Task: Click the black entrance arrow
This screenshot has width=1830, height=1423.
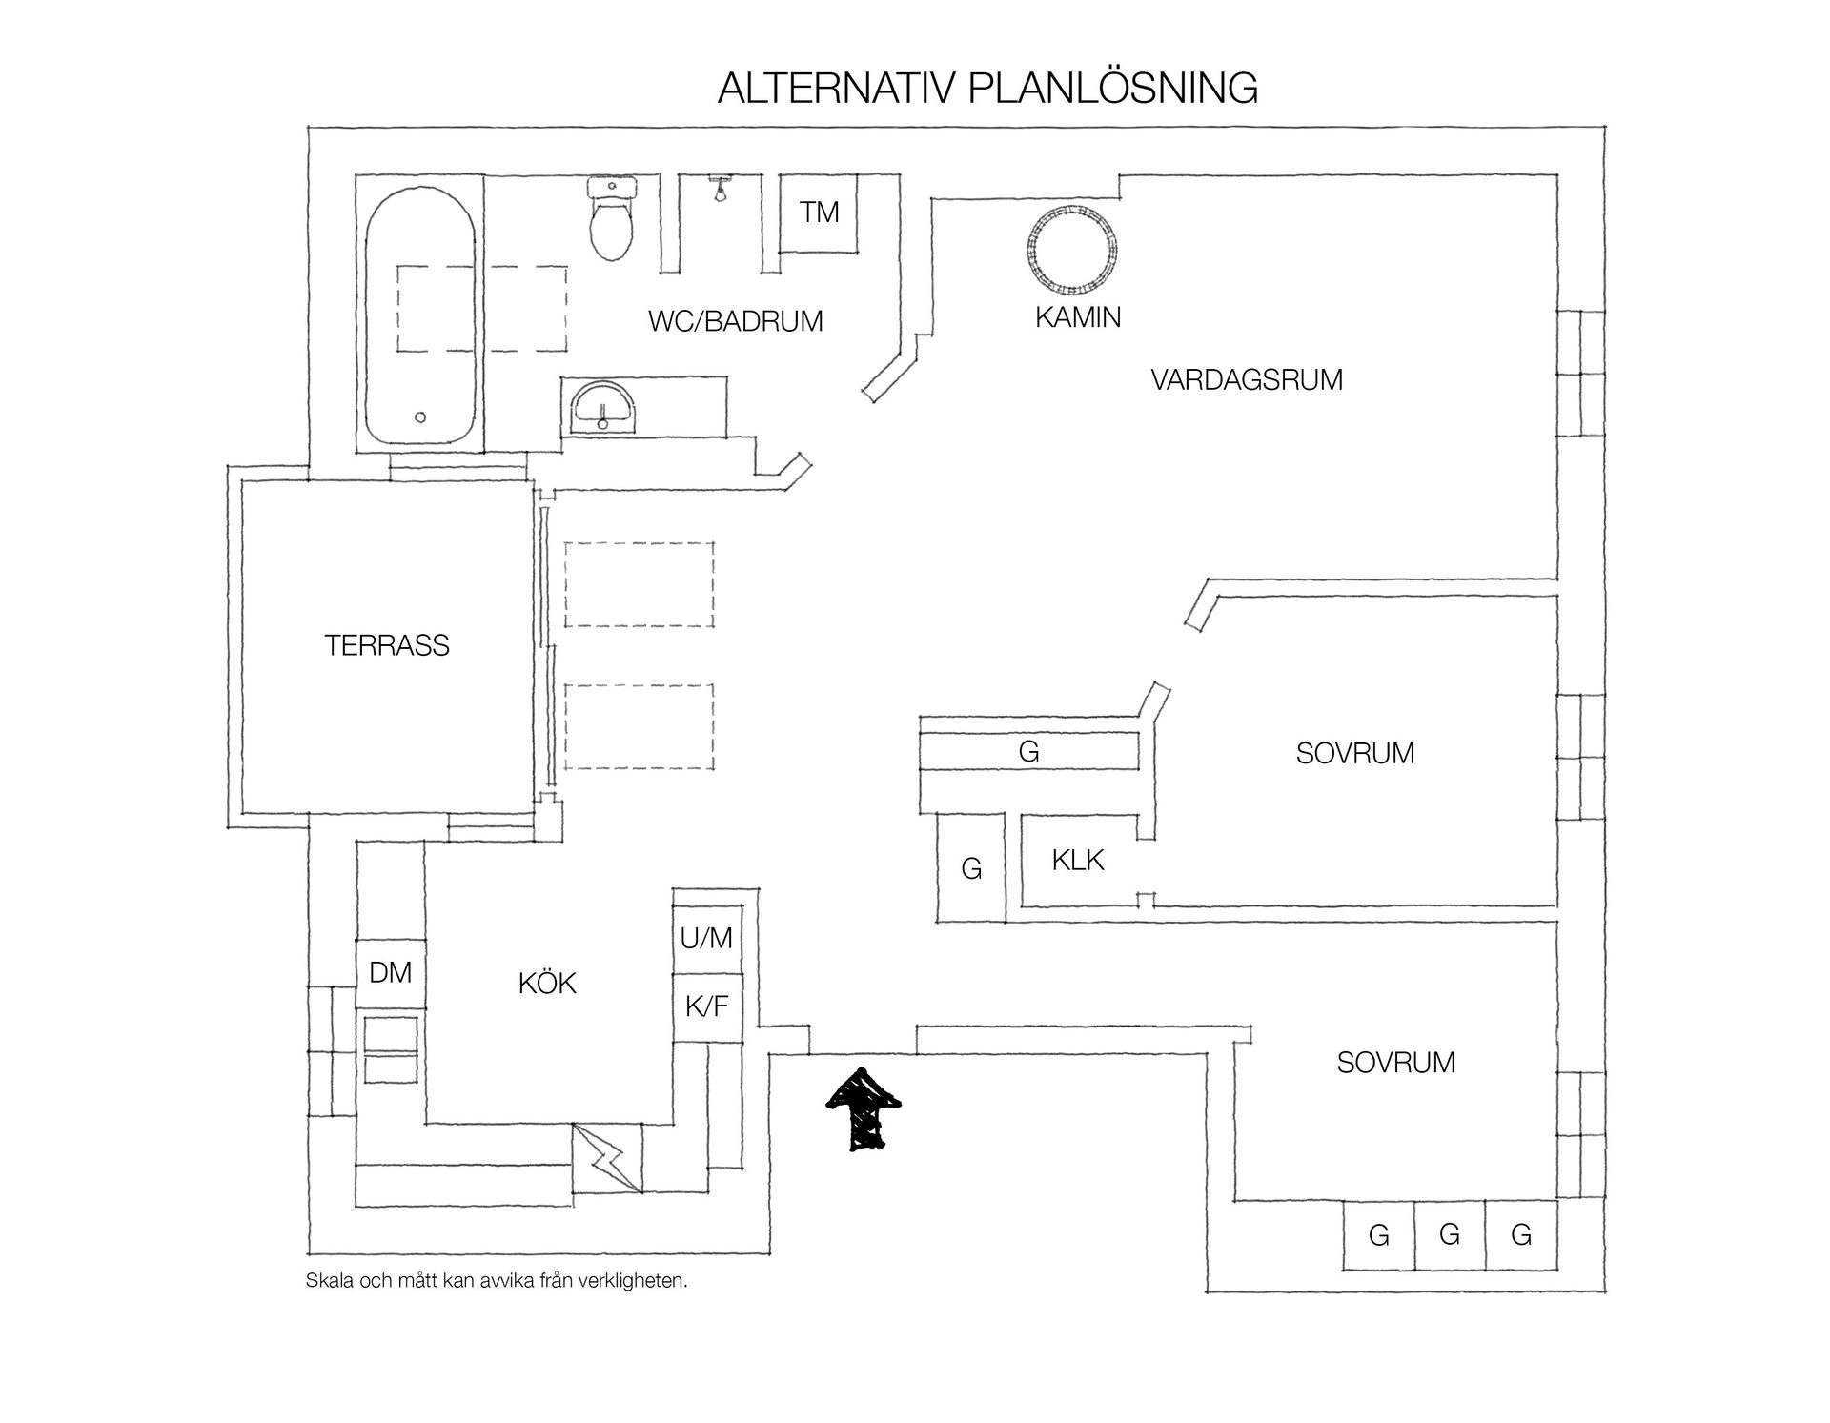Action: (863, 1109)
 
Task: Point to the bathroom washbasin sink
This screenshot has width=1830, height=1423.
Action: (602, 408)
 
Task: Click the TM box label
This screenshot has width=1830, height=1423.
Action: (819, 212)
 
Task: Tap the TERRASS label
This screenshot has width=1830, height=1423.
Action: (387, 645)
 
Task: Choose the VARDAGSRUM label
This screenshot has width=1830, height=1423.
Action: (1247, 379)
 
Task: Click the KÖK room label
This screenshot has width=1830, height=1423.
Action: (548, 983)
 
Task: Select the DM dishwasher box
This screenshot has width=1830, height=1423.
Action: (391, 973)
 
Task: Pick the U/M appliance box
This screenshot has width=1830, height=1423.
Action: (706, 940)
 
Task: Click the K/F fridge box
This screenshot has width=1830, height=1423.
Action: (706, 1007)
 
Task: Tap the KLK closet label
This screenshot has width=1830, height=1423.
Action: (1078, 860)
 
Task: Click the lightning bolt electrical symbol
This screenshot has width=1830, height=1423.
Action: (607, 1157)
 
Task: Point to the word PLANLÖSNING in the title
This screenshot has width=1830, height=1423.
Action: (1112, 88)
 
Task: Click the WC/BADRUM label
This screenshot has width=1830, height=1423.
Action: (735, 321)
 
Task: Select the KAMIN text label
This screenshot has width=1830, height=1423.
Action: (1078, 317)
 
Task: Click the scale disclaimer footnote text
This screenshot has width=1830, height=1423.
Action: (497, 1281)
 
